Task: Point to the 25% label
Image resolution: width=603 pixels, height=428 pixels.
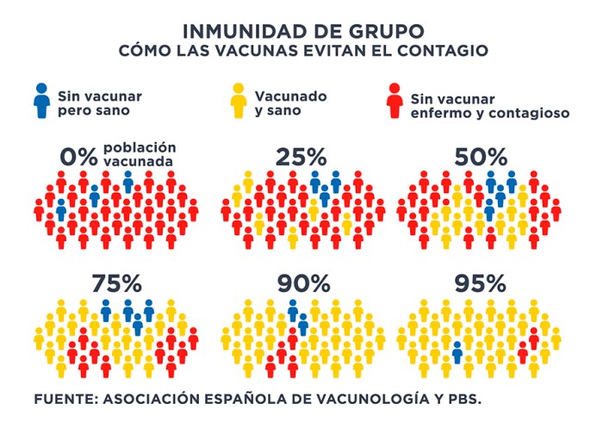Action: point(301,158)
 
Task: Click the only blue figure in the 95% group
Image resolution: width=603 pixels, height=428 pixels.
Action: point(457,352)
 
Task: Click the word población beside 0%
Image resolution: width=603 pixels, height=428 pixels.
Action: point(140,147)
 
